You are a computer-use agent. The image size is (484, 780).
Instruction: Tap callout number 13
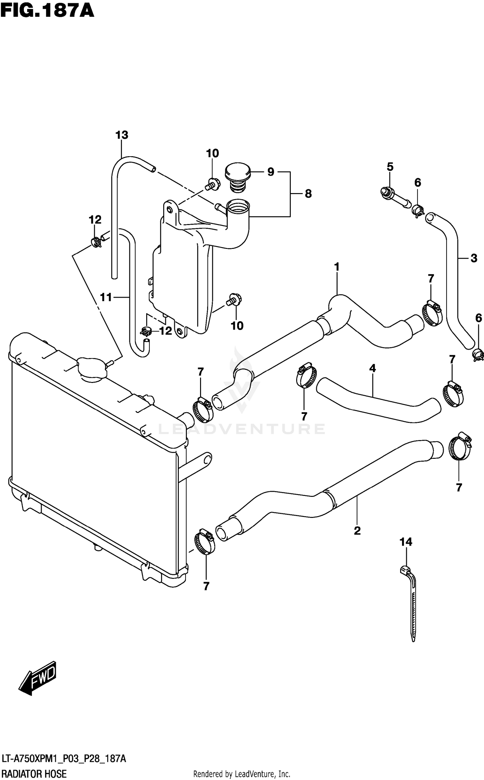coord(122,135)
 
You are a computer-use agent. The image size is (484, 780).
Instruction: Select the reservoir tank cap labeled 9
coord(238,175)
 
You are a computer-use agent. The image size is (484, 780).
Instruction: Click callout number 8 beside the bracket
coord(308,194)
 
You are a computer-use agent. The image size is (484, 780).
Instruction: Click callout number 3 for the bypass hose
coord(474,258)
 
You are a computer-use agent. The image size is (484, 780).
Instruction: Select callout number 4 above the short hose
coord(372,368)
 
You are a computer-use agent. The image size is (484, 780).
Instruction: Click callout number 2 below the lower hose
coord(357,530)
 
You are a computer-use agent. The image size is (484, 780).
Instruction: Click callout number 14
coord(406,542)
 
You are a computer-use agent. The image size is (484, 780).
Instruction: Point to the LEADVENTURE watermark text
coord(242,429)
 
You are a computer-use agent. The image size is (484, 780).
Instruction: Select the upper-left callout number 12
coord(95,220)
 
